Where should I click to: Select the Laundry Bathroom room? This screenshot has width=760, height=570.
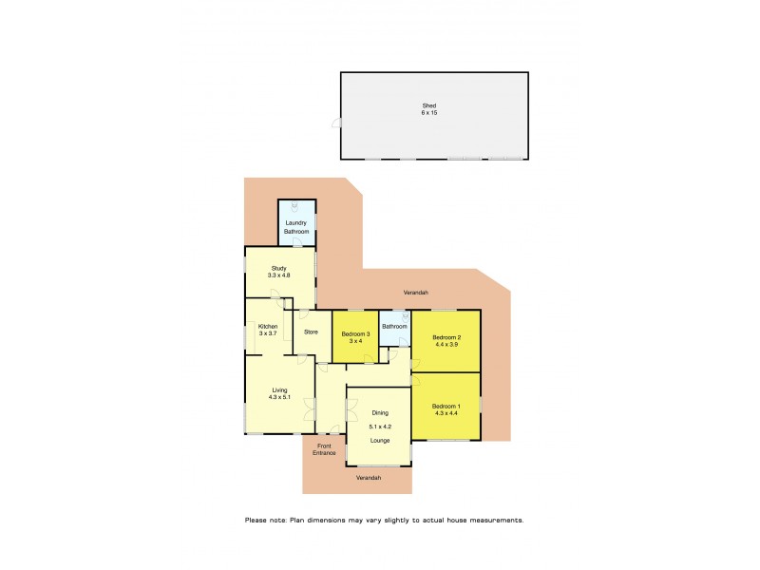pyautogui.click(x=296, y=226)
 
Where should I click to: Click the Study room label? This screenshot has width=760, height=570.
pyautogui.click(x=278, y=268)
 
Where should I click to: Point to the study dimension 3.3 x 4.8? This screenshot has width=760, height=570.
pyautogui.click(x=278, y=275)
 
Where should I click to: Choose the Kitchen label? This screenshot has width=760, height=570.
pyautogui.click(x=267, y=326)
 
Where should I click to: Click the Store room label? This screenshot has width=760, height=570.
pyautogui.click(x=311, y=332)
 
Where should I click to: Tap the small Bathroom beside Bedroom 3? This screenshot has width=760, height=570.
pyautogui.click(x=394, y=327)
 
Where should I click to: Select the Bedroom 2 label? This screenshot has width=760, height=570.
pyautogui.click(x=446, y=337)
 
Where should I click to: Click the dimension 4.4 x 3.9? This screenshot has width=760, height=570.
pyautogui.click(x=446, y=345)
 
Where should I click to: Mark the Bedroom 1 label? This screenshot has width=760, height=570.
pyautogui.click(x=446, y=406)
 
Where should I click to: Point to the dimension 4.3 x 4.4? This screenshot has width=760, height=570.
pyautogui.click(x=446, y=413)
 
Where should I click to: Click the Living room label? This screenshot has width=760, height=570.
pyautogui.click(x=279, y=389)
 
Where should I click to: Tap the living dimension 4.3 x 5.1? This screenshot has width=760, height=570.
pyautogui.click(x=279, y=397)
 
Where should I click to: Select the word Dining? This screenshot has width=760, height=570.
pyautogui.click(x=380, y=412)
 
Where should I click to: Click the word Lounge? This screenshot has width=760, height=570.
pyautogui.click(x=380, y=441)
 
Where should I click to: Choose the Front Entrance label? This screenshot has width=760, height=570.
pyautogui.click(x=325, y=449)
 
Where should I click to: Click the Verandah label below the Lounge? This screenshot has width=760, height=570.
pyautogui.click(x=369, y=478)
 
